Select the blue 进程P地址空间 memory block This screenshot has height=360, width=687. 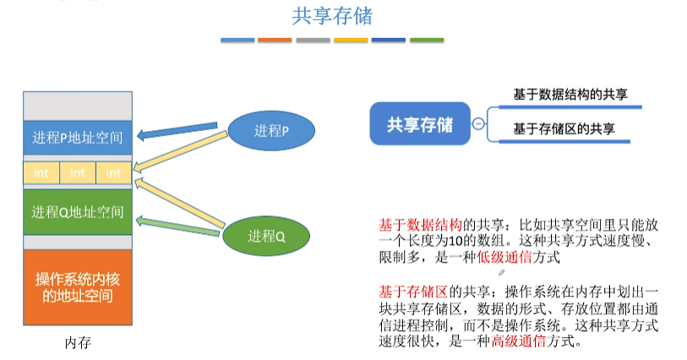click(78, 137)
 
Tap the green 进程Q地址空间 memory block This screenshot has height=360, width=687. click(78, 211)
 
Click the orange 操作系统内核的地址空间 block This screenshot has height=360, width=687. click(78, 288)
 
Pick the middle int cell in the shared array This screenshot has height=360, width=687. click(78, 173)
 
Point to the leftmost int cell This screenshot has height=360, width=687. click(41, 173)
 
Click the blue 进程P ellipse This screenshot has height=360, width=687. click(270, 131)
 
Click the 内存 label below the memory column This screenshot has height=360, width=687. click(77, 343)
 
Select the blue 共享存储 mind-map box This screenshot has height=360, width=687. click(419, 124)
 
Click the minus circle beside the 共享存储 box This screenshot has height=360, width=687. click(479, 124)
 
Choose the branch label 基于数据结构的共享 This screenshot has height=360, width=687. click(569, 95)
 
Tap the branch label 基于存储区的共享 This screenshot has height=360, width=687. click(564, 128)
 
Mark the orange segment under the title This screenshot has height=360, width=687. click(275, 40)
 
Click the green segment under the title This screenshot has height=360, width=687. click(427, 40)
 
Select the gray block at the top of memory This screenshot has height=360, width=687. click(78, 105)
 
